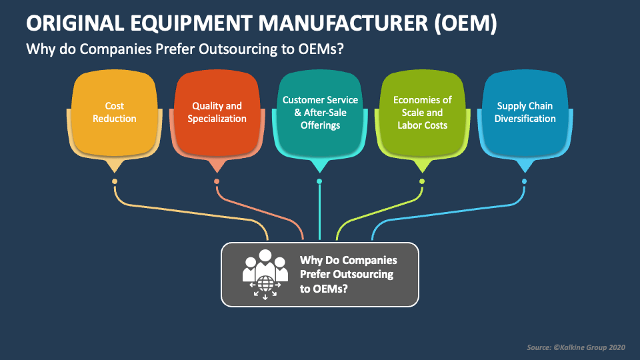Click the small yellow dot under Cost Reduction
tap(115, 181)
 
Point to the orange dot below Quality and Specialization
tap(217, 181)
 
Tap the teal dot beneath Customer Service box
tap(319, 181)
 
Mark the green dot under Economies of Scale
tap(422, 181)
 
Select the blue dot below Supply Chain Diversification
tap(525, 181)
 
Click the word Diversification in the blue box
tap(525, 119)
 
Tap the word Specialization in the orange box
tap(217, 119)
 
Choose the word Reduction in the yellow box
tap(115, 119)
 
